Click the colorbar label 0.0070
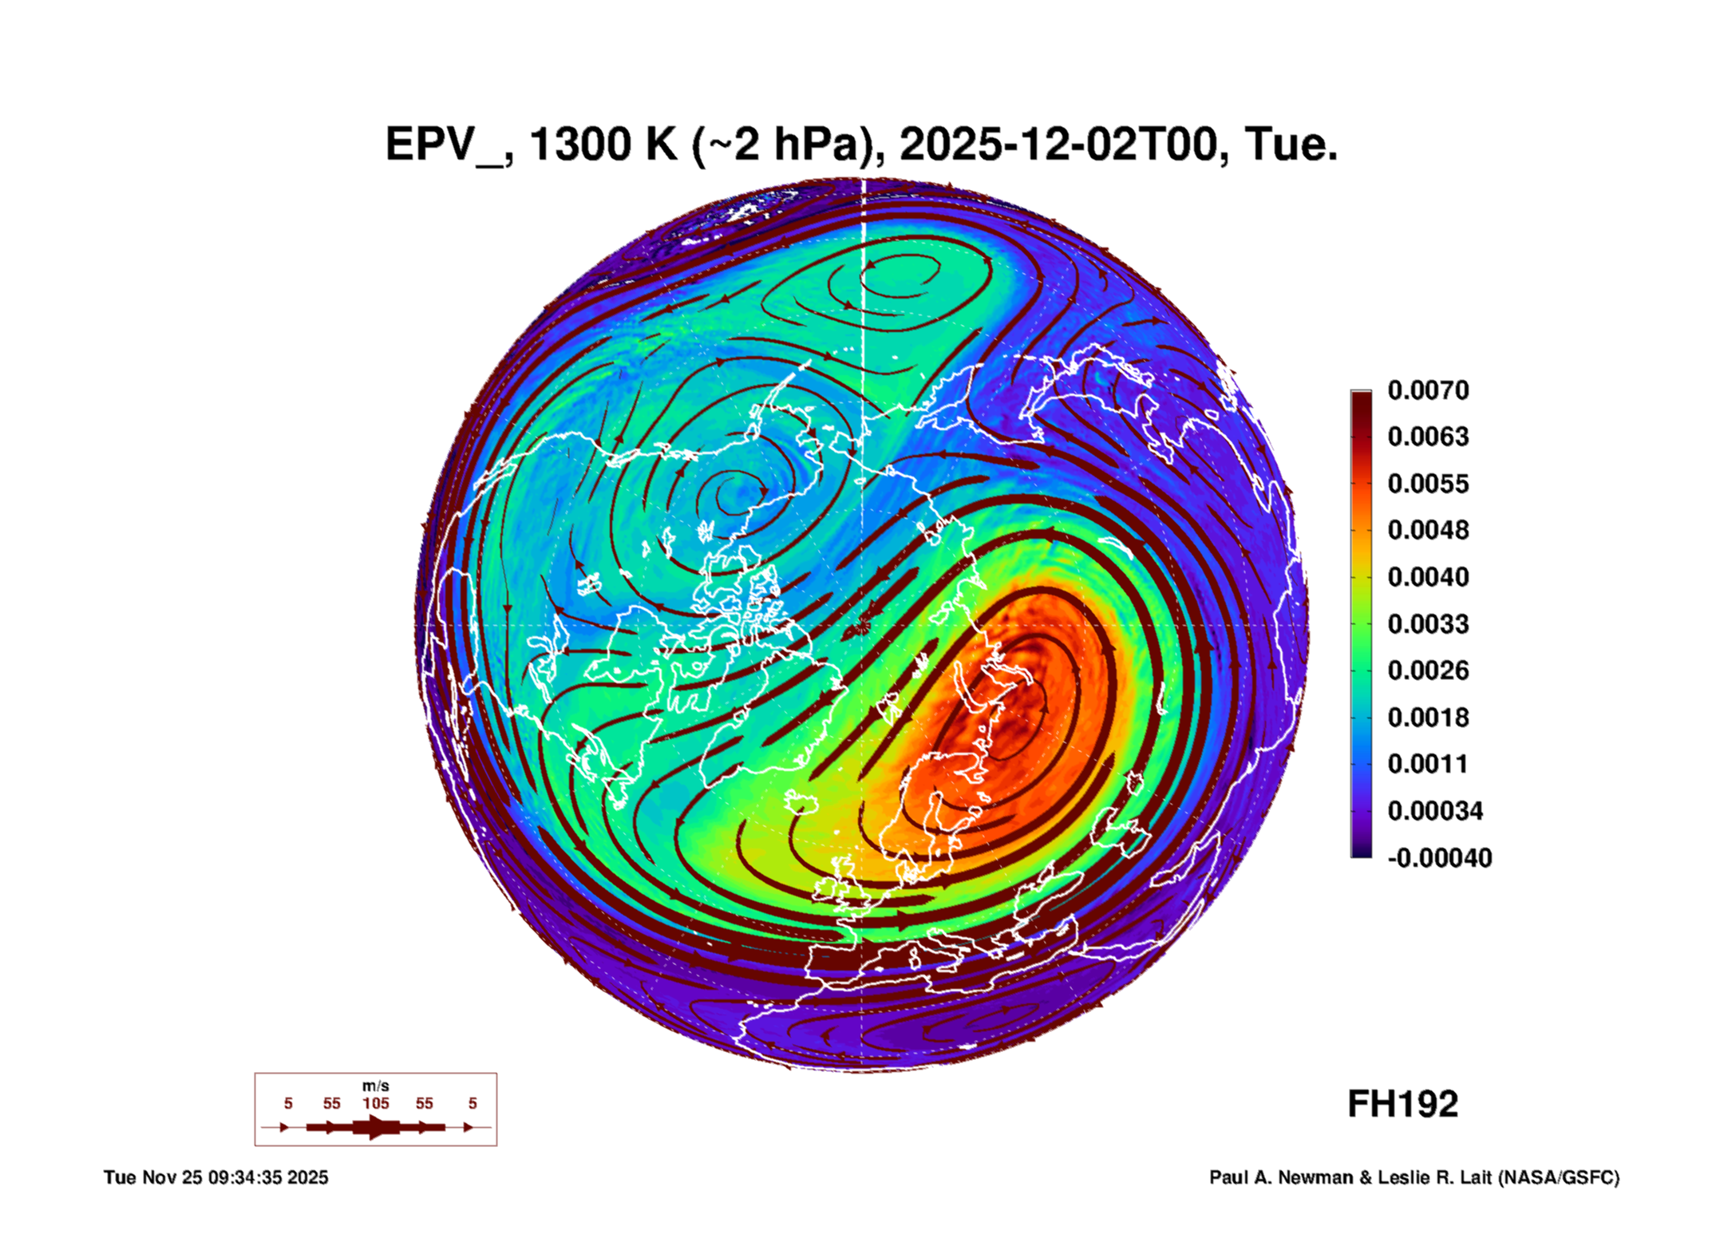[1427, 390]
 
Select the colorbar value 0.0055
[1427, 484]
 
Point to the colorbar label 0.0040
[1427, 577]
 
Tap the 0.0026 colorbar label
[1427, 670]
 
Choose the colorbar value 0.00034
[1434, 811]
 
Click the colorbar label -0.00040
[1439, 858]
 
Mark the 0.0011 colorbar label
[1427, 764]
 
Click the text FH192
[1402, 1105]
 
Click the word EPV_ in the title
[444, 145]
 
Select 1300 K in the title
[603, 145]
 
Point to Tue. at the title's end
[1291, 145]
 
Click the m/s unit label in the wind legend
[375, 1086]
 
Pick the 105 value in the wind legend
[375, 1104]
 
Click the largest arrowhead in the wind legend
[376, 1127]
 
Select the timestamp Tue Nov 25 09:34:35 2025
[216, 1178]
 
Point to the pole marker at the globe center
[862, 627]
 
